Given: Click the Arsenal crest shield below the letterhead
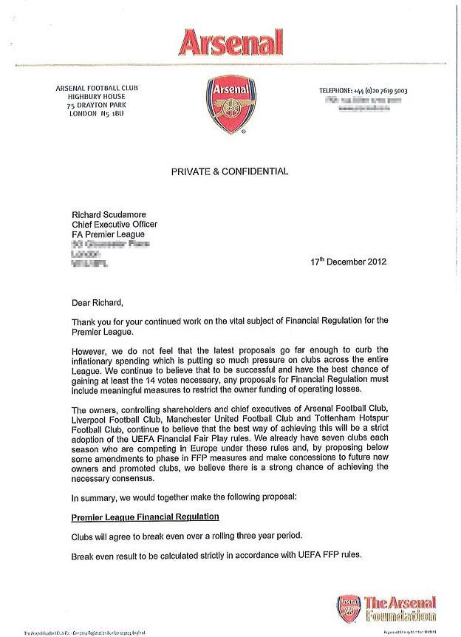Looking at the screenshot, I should [230, 106].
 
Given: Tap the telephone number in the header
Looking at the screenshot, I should [363, 91].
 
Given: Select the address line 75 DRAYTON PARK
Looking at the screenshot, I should [97, 106].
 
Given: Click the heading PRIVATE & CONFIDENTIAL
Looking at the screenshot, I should [230, 171].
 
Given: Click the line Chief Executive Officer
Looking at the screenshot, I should [115, 225].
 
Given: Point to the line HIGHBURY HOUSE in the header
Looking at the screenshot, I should [97, 97].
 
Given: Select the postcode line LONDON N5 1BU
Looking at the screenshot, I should [97, 115].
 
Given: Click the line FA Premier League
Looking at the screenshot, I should [108, 234].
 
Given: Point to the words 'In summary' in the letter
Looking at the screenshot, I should [94, 497].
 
